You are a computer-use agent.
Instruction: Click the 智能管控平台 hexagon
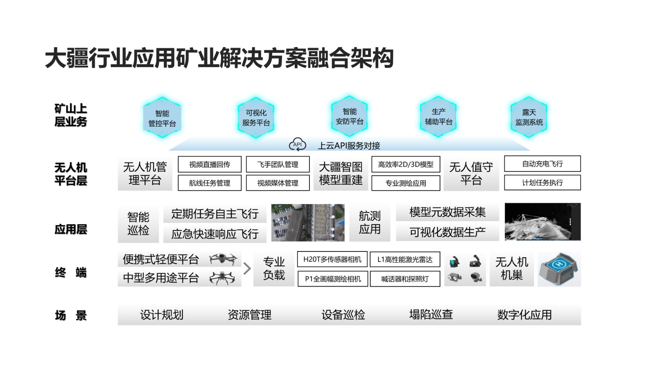[x=162, y=118]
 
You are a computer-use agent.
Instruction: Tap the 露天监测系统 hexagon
[x=529, y=117]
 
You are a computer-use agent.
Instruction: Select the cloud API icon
[x=298, y=144]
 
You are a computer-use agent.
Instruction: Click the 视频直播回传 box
[x=210, y=164]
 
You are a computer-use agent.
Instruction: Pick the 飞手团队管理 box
[x=278, y=164]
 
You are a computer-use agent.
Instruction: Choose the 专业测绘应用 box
[x=406, y=183]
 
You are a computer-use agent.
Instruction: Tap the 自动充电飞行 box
[x=542, y=164]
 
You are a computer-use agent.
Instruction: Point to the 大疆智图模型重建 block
[x=341, y=173]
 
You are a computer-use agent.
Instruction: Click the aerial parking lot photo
[x=308, y=223]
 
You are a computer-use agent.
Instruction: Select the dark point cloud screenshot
[x=542, y=222]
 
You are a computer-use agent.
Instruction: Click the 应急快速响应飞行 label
[x=215, y=234]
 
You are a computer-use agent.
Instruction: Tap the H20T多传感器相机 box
[x=332, y=259]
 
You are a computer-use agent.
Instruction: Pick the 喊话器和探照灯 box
[x=405, y=279]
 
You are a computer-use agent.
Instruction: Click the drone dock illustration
[x=559, y=269]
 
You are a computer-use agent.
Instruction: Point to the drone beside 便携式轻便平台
[x=223, y=259]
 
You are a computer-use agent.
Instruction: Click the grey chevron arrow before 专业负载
[x=247, y=269]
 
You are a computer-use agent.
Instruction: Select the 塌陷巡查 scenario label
[x=431, y=314]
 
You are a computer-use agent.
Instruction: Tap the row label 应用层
[x=71, y=229]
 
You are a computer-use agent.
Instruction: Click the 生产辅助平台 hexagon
[x=438, y=117]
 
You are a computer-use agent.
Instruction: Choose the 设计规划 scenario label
[x=162, y=315]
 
